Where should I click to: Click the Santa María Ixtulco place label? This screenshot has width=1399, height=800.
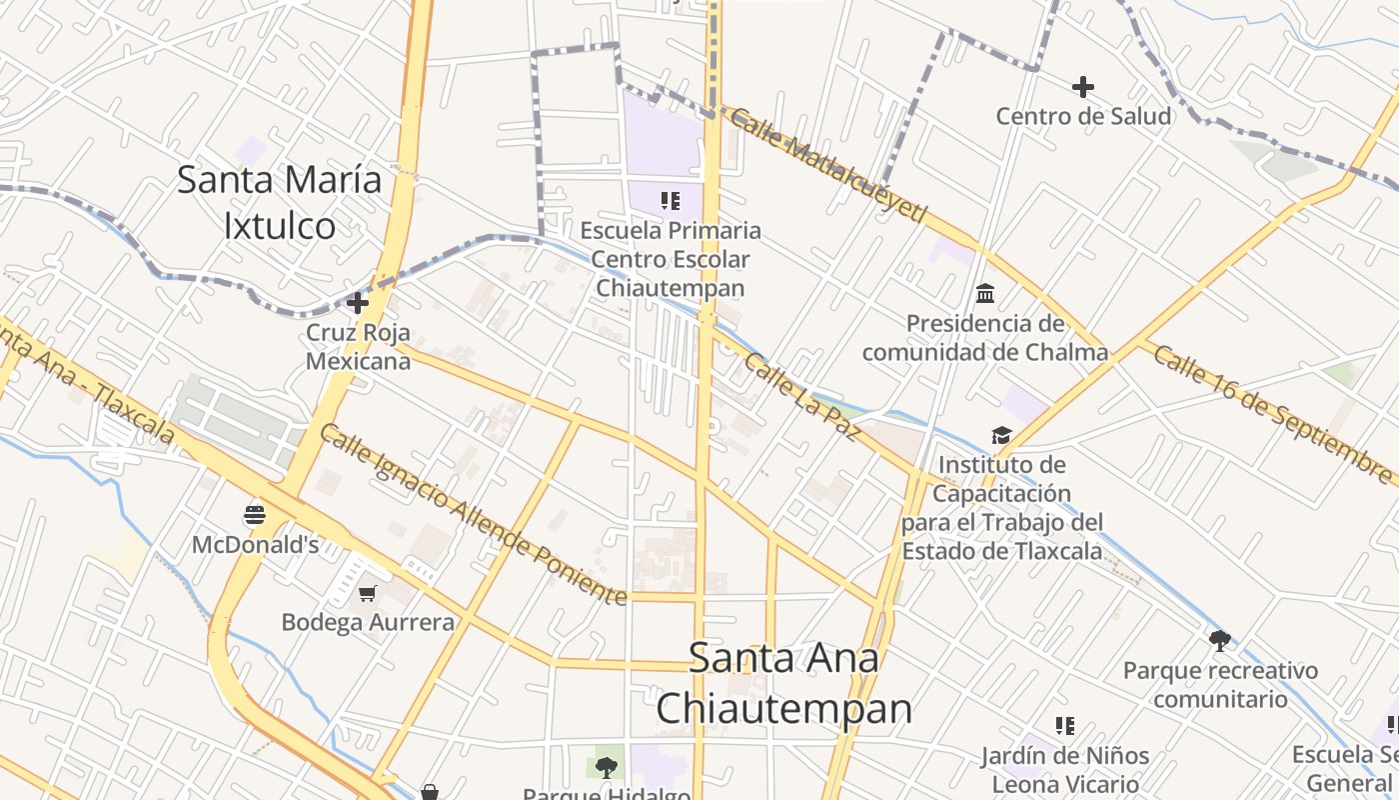(280, 203)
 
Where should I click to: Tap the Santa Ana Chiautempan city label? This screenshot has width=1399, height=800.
(784, 683)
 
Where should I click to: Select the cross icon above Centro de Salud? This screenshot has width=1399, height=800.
(1082, 87)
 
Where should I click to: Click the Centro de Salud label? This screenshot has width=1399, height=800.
(1083, 116)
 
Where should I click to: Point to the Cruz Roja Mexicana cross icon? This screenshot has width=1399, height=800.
(358, 302)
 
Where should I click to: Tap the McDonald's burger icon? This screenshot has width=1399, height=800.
(255, 515)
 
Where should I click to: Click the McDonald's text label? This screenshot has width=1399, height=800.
(255, 545)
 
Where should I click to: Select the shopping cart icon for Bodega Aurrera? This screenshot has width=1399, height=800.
(368, 593)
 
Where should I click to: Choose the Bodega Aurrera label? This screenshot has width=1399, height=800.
(368, 622)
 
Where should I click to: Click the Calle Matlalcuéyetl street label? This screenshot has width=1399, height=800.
(828, 166)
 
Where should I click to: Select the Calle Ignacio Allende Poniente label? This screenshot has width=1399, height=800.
(474, 514)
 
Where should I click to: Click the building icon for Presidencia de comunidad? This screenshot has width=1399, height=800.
(985, 293)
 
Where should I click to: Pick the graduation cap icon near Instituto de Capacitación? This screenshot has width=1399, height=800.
(1001, 435)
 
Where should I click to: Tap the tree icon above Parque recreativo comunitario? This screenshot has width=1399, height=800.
(1219, 640)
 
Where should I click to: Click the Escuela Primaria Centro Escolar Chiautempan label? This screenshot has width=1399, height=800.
(671, 259)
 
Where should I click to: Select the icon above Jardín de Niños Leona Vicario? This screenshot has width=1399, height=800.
(1064, 725)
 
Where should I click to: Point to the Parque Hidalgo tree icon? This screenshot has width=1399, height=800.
(606, 767)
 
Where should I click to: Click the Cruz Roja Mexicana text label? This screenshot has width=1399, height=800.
(358, 346)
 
